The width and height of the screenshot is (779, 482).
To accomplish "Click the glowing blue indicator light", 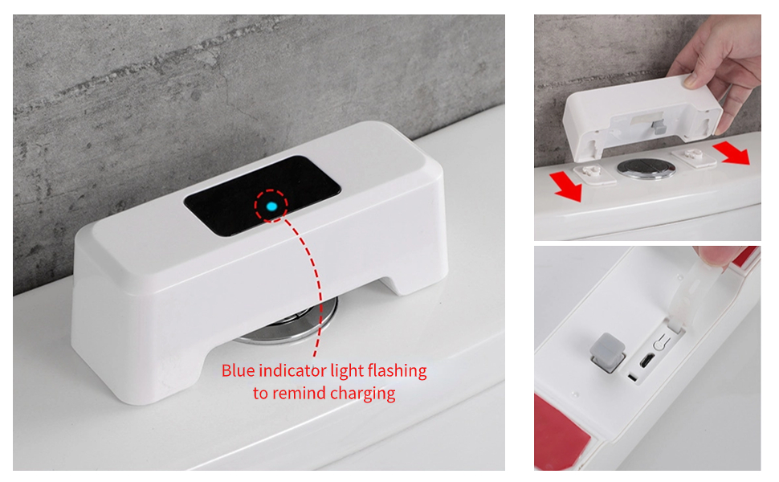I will coord(271,206).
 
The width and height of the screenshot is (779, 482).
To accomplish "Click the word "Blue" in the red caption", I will coord(239,371).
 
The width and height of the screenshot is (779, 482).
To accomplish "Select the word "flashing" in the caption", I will coord(396,371).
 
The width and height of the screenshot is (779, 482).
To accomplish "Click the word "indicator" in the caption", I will coord(292,371).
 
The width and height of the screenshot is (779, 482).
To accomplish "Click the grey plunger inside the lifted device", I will coord(656,125).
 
